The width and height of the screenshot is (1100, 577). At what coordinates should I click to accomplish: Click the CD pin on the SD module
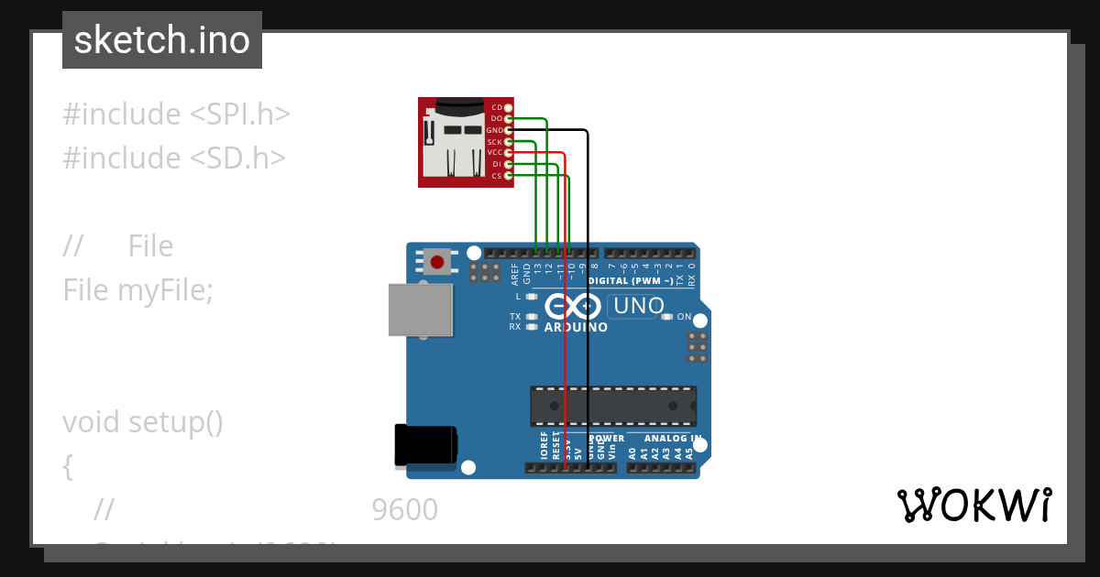[508, 108]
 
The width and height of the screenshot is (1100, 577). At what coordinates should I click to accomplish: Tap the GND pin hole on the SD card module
[508, 130]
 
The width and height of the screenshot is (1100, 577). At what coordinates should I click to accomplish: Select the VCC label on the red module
[495, 153]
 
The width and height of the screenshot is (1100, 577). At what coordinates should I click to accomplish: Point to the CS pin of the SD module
[508, 175]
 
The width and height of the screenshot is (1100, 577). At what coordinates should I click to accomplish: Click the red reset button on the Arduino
[437, 262]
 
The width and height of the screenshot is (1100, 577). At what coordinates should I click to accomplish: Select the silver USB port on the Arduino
[421, 310]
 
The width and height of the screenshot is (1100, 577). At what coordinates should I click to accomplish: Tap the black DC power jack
[424, 445]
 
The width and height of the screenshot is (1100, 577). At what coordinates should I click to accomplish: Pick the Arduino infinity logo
[575, 306]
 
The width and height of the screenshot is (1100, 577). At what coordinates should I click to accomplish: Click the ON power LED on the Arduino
[668, 317]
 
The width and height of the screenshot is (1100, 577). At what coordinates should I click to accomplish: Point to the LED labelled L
[532, 297]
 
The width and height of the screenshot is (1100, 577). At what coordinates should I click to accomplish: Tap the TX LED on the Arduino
[532, 317]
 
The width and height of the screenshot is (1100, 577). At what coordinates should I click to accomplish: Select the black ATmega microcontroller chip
[612, 406]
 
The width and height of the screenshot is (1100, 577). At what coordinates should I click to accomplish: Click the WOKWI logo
[973, 505]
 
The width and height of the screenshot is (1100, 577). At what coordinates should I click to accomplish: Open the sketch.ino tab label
[162, 40]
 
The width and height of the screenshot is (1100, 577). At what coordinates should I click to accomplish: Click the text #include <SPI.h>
[176, 114]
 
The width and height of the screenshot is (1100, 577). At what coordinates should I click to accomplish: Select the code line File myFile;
[137, 290]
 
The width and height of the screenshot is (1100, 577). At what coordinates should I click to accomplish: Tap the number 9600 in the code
[404, 510]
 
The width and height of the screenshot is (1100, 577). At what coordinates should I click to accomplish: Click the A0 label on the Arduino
[632, 452]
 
